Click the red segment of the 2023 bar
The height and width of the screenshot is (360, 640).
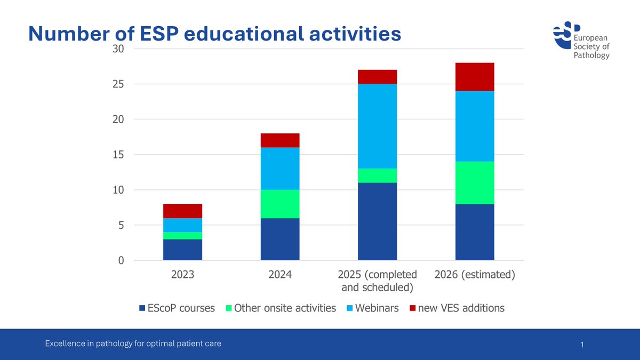(x=183, y=211)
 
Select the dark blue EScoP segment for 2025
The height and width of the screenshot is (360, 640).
(x=377, y=221)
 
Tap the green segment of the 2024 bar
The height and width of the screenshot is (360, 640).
(x=280, y=204)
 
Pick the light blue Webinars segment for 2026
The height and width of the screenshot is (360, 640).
(x=475, y=126)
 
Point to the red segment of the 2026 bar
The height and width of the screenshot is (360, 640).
(x=475, y=77)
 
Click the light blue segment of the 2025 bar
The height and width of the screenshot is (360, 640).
(x=377, y=126)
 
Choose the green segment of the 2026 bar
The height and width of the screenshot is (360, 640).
(x=475, y=182)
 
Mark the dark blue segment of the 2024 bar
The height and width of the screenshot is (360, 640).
(x=280, y=239)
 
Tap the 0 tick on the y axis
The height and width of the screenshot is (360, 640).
(x=121, y=261)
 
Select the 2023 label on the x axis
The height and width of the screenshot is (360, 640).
(x=183, y=275)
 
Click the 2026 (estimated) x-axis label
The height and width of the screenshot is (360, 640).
(x=475, y=275)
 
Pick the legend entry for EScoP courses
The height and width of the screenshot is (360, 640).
(x=177, y=308)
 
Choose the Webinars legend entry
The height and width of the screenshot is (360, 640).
(x=373, y=308)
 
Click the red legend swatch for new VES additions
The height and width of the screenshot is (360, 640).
(x=412, y=308)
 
